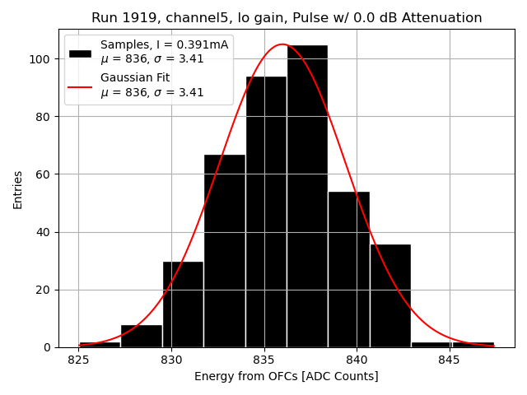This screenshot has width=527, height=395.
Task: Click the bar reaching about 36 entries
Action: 390,295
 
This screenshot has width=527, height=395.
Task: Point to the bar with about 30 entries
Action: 183,304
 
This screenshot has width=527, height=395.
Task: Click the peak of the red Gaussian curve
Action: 282,44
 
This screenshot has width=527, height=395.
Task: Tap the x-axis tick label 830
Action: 171,360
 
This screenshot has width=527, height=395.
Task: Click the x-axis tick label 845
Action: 450,360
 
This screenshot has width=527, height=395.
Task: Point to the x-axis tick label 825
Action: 79,360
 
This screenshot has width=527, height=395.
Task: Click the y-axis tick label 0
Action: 49,347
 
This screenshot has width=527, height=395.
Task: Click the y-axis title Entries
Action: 18,189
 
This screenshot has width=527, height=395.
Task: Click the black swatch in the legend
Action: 80,53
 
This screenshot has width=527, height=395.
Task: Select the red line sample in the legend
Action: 80,86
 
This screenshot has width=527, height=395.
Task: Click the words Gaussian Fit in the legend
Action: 135,78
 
